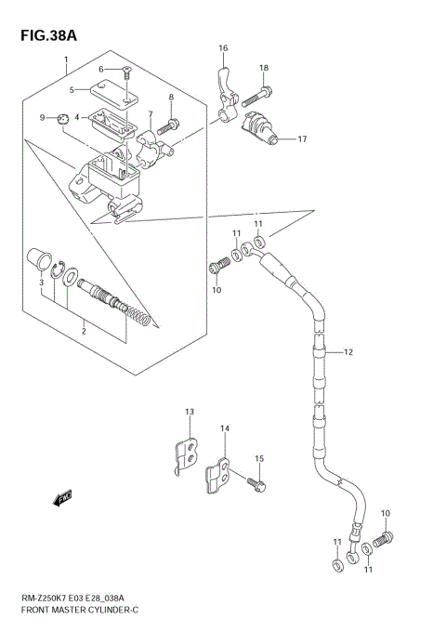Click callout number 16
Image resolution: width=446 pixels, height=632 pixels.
click(x=223, y=48)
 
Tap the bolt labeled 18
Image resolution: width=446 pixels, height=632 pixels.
click(x=267, y=91)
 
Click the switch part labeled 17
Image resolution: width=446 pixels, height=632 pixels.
click(x=261, y=127)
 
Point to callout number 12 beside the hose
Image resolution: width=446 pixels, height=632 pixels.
click(x=348, y=352)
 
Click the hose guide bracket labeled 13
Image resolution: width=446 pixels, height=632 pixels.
click(x=189, y=454)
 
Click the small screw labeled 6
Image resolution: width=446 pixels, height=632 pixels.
click(x=126, y=72)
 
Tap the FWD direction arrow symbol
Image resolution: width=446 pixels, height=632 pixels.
click(x=63, y=501)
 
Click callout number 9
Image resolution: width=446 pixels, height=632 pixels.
click(x=42, y=117)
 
